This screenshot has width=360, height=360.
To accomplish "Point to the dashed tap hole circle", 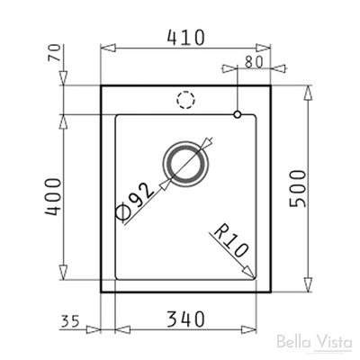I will pyautogui.click(x=186, y=100).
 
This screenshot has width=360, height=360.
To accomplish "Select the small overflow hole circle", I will pyautogui.click(x=237, y=114).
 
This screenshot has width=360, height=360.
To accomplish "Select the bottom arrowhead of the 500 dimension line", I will pyautogui.click(x=310, y=288).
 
